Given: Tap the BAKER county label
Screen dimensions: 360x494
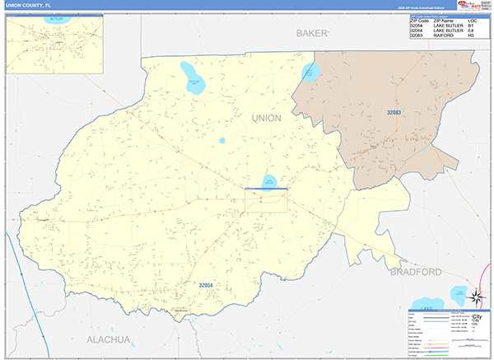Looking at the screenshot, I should pos(311,33).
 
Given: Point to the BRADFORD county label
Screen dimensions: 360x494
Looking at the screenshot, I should pos(416,272).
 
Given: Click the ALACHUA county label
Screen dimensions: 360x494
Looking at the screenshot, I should pos(109,339).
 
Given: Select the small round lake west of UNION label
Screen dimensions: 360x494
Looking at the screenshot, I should pos(222,140).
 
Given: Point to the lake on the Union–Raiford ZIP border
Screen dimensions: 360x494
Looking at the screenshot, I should pos(310,72).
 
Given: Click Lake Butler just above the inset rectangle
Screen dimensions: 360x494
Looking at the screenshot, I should pos(268,180).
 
